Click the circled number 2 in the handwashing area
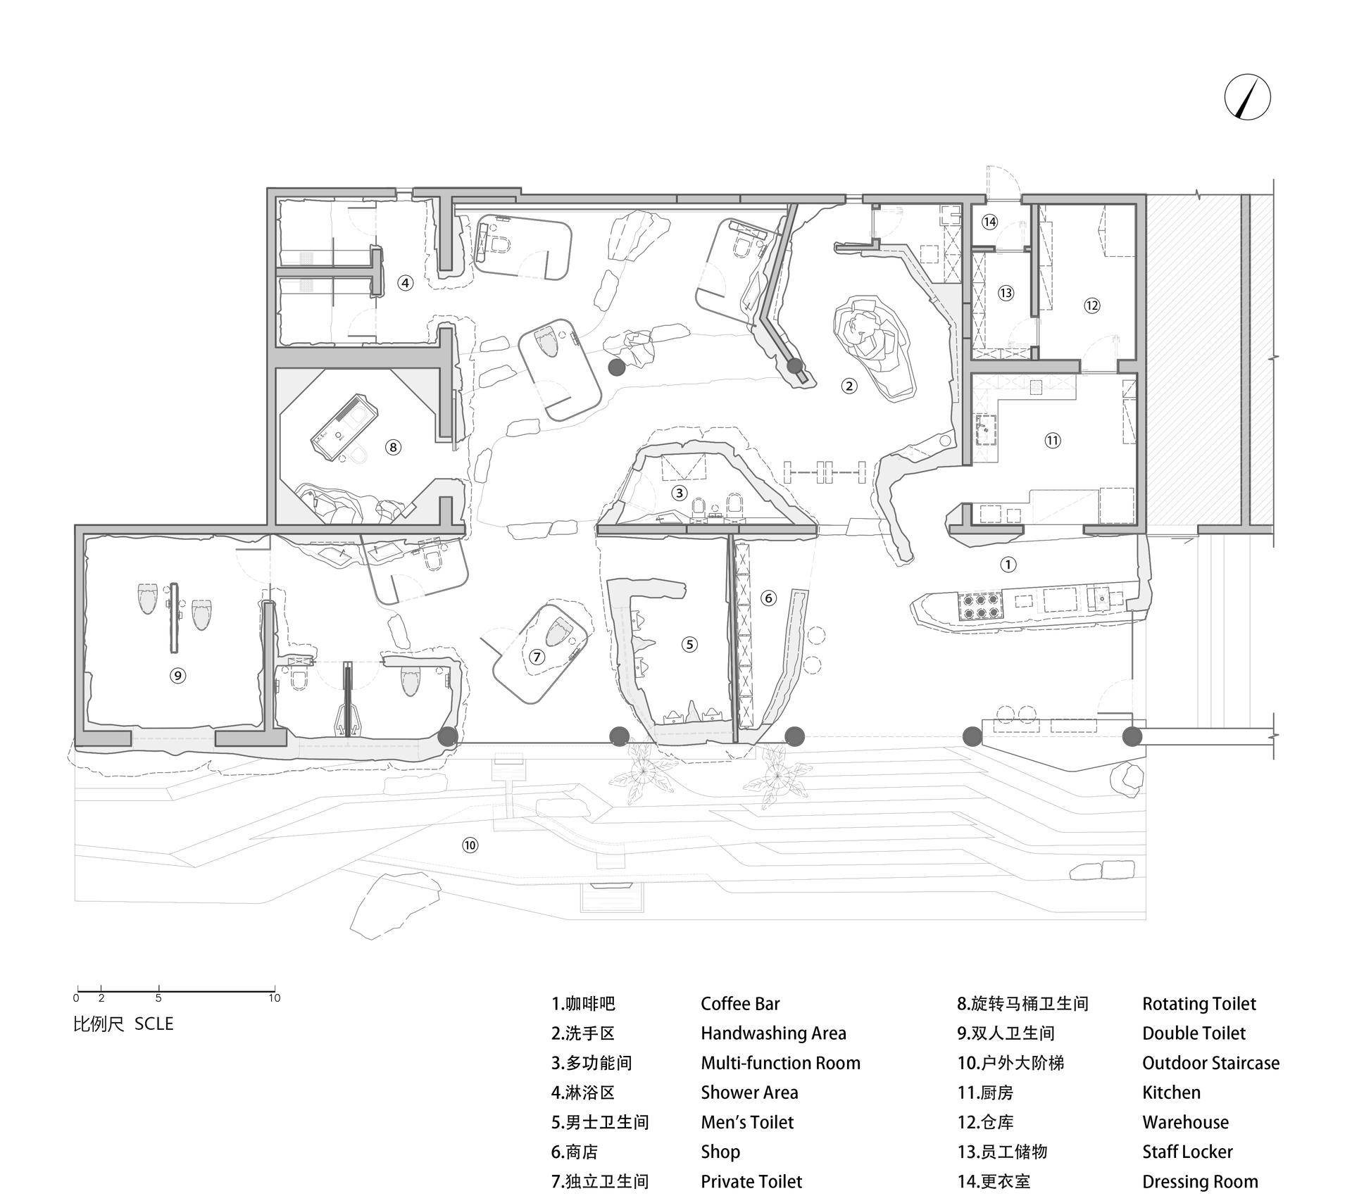[x=849, y=385]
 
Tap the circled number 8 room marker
[x=393, y=446]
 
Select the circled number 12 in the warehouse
[x=1091, y=306]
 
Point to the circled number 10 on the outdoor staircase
[x=470, y=845]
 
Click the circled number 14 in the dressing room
[x=989, y=222]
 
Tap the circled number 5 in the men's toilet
[x=689, y=643]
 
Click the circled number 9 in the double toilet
[x=177, y=676]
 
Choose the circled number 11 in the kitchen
[x=1052, y=440]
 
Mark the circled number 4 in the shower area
[x=405, y=283]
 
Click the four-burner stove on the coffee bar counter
[x=979, y=606]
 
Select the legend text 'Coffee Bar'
[x=740, y=1003]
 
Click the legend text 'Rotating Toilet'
[x=1199, y=1003]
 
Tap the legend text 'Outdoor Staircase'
[x=1211, y=1062]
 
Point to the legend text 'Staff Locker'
[x=1187, y=1152]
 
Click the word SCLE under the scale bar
[x=154, y=1024]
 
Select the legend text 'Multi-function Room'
[x=780, y=1062]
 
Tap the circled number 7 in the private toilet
[x=537, y=657]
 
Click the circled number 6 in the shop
[x=768, y=598]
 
